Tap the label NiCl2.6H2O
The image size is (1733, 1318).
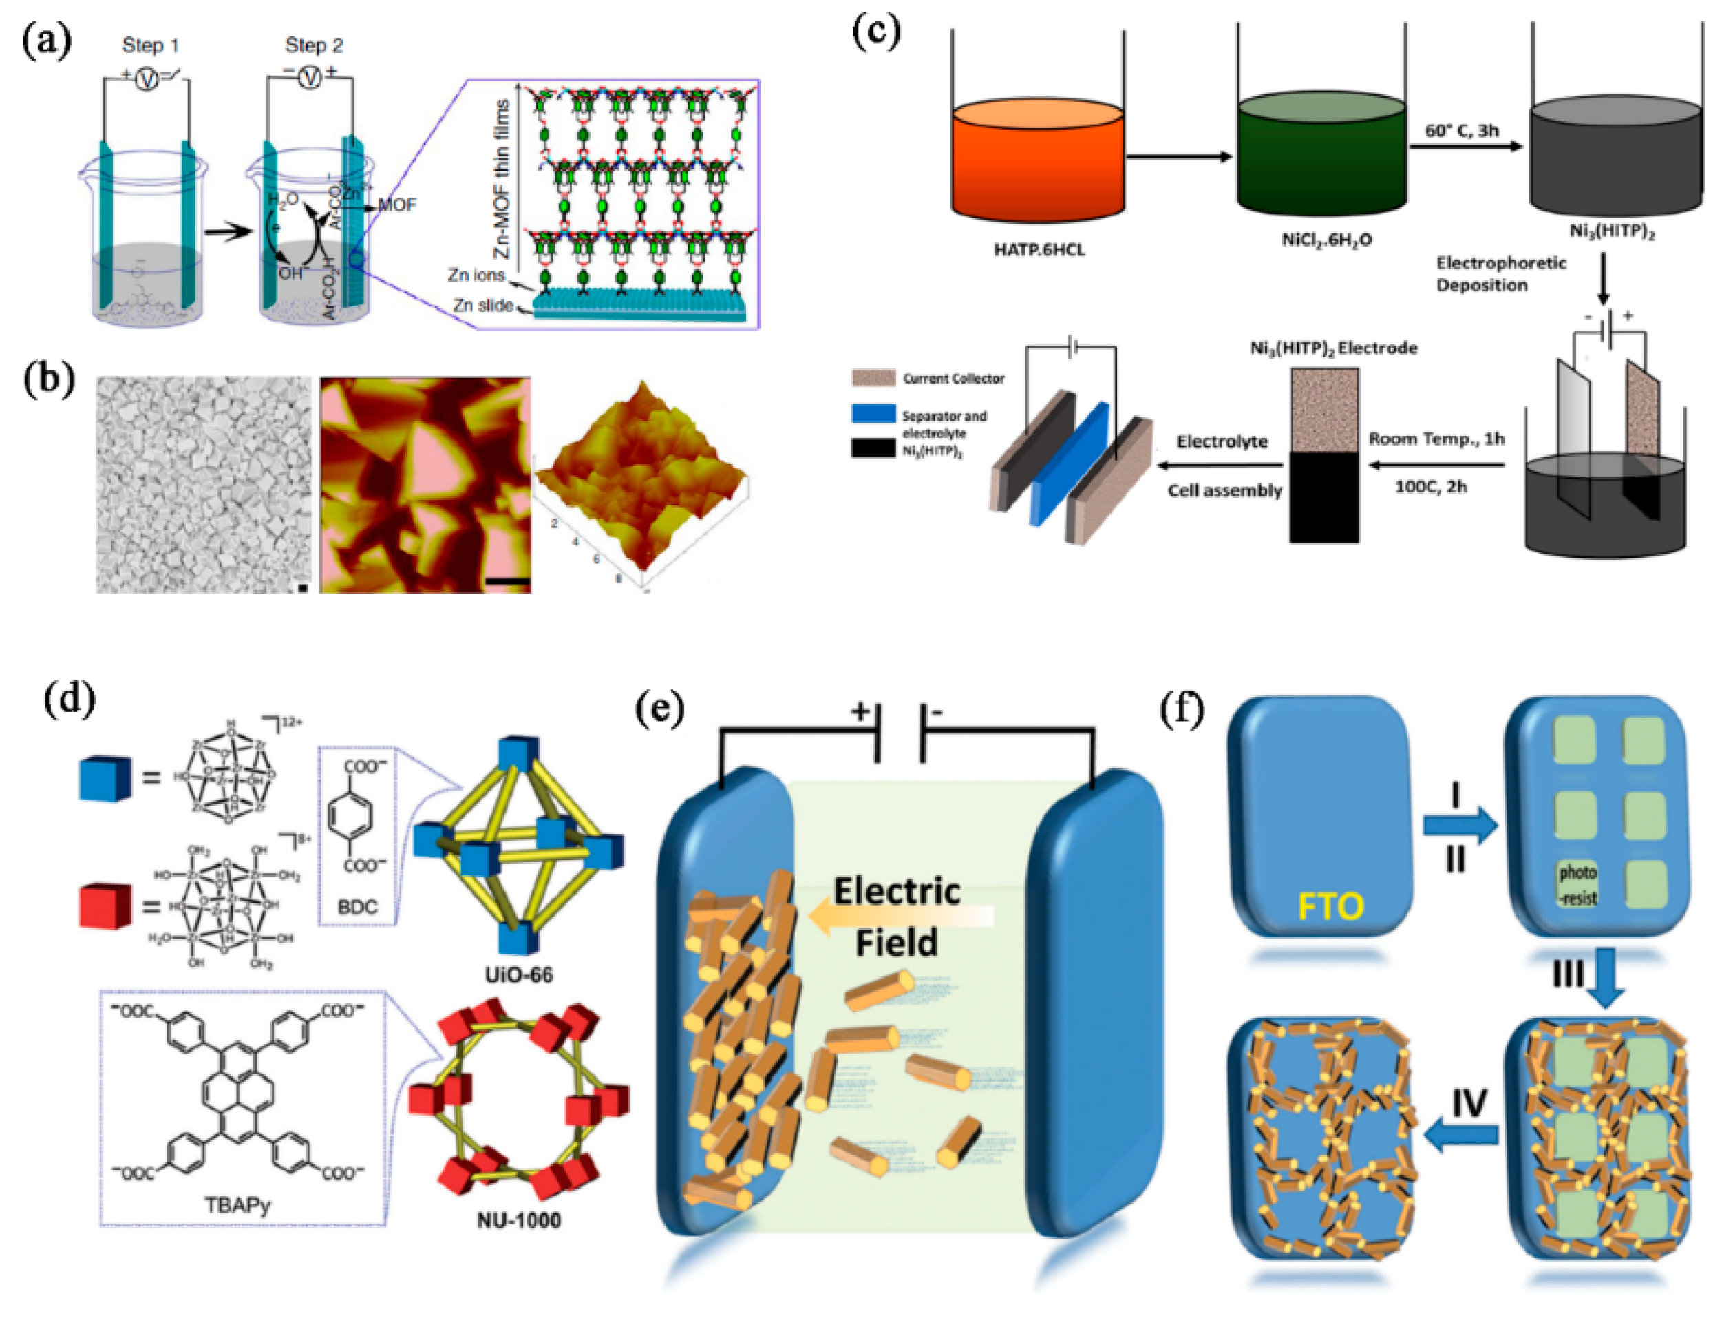pyautogui.click(x=1327, y=239)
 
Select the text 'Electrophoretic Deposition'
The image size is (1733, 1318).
pyautogui.click(x=1500, y=274)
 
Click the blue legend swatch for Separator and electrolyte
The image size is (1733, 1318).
pyautogui.click(x=873, y=413)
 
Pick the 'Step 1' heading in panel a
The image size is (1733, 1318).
pyautogui.click(x=150, y=45)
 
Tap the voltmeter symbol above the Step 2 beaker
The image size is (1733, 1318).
pyautogui.click(x=311, y=78)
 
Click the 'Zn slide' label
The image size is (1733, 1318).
pyautogui.click(x=482, y=305)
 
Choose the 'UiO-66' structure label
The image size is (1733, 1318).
pyautogui.click(x=518, y=975)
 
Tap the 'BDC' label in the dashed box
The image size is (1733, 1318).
pyautogui.click(x=358, y=907)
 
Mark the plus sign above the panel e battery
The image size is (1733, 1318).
pyautogui.click(x=860, y=711)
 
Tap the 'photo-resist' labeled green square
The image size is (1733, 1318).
pyautogui.click(x=1577, y=884)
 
